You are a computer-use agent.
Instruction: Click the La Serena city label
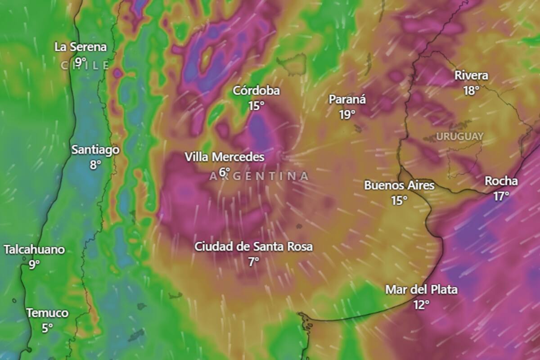coord(81,47)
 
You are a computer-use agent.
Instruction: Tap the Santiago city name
coord(95,150)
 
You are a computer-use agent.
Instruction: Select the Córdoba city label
coord(256,91)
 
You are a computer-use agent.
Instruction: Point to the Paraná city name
coord(347,99)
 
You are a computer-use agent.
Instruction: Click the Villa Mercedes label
coord(225,157)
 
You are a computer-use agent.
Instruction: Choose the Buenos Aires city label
coord(399,185)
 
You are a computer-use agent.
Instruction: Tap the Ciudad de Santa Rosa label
coord(253,247)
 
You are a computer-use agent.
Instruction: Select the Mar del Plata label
coord(421,290)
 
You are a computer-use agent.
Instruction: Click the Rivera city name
coord(471,76)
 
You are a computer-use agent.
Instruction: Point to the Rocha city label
coord(501,181)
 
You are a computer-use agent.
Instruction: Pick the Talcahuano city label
coord(35,250)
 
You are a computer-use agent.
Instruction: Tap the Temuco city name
coord(47,313)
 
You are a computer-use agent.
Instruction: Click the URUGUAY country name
coord(459,136)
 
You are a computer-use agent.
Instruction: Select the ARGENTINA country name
coord(259,176)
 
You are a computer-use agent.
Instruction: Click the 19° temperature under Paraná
coord(347,115)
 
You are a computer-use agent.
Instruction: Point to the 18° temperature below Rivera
coord(471,91)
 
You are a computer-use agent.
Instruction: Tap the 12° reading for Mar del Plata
coord(421,305)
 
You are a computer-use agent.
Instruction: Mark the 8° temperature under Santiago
coord(95,165)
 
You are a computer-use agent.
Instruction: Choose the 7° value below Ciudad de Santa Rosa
coord(253,262)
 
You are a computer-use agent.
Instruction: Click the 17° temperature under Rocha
coord(501,197)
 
